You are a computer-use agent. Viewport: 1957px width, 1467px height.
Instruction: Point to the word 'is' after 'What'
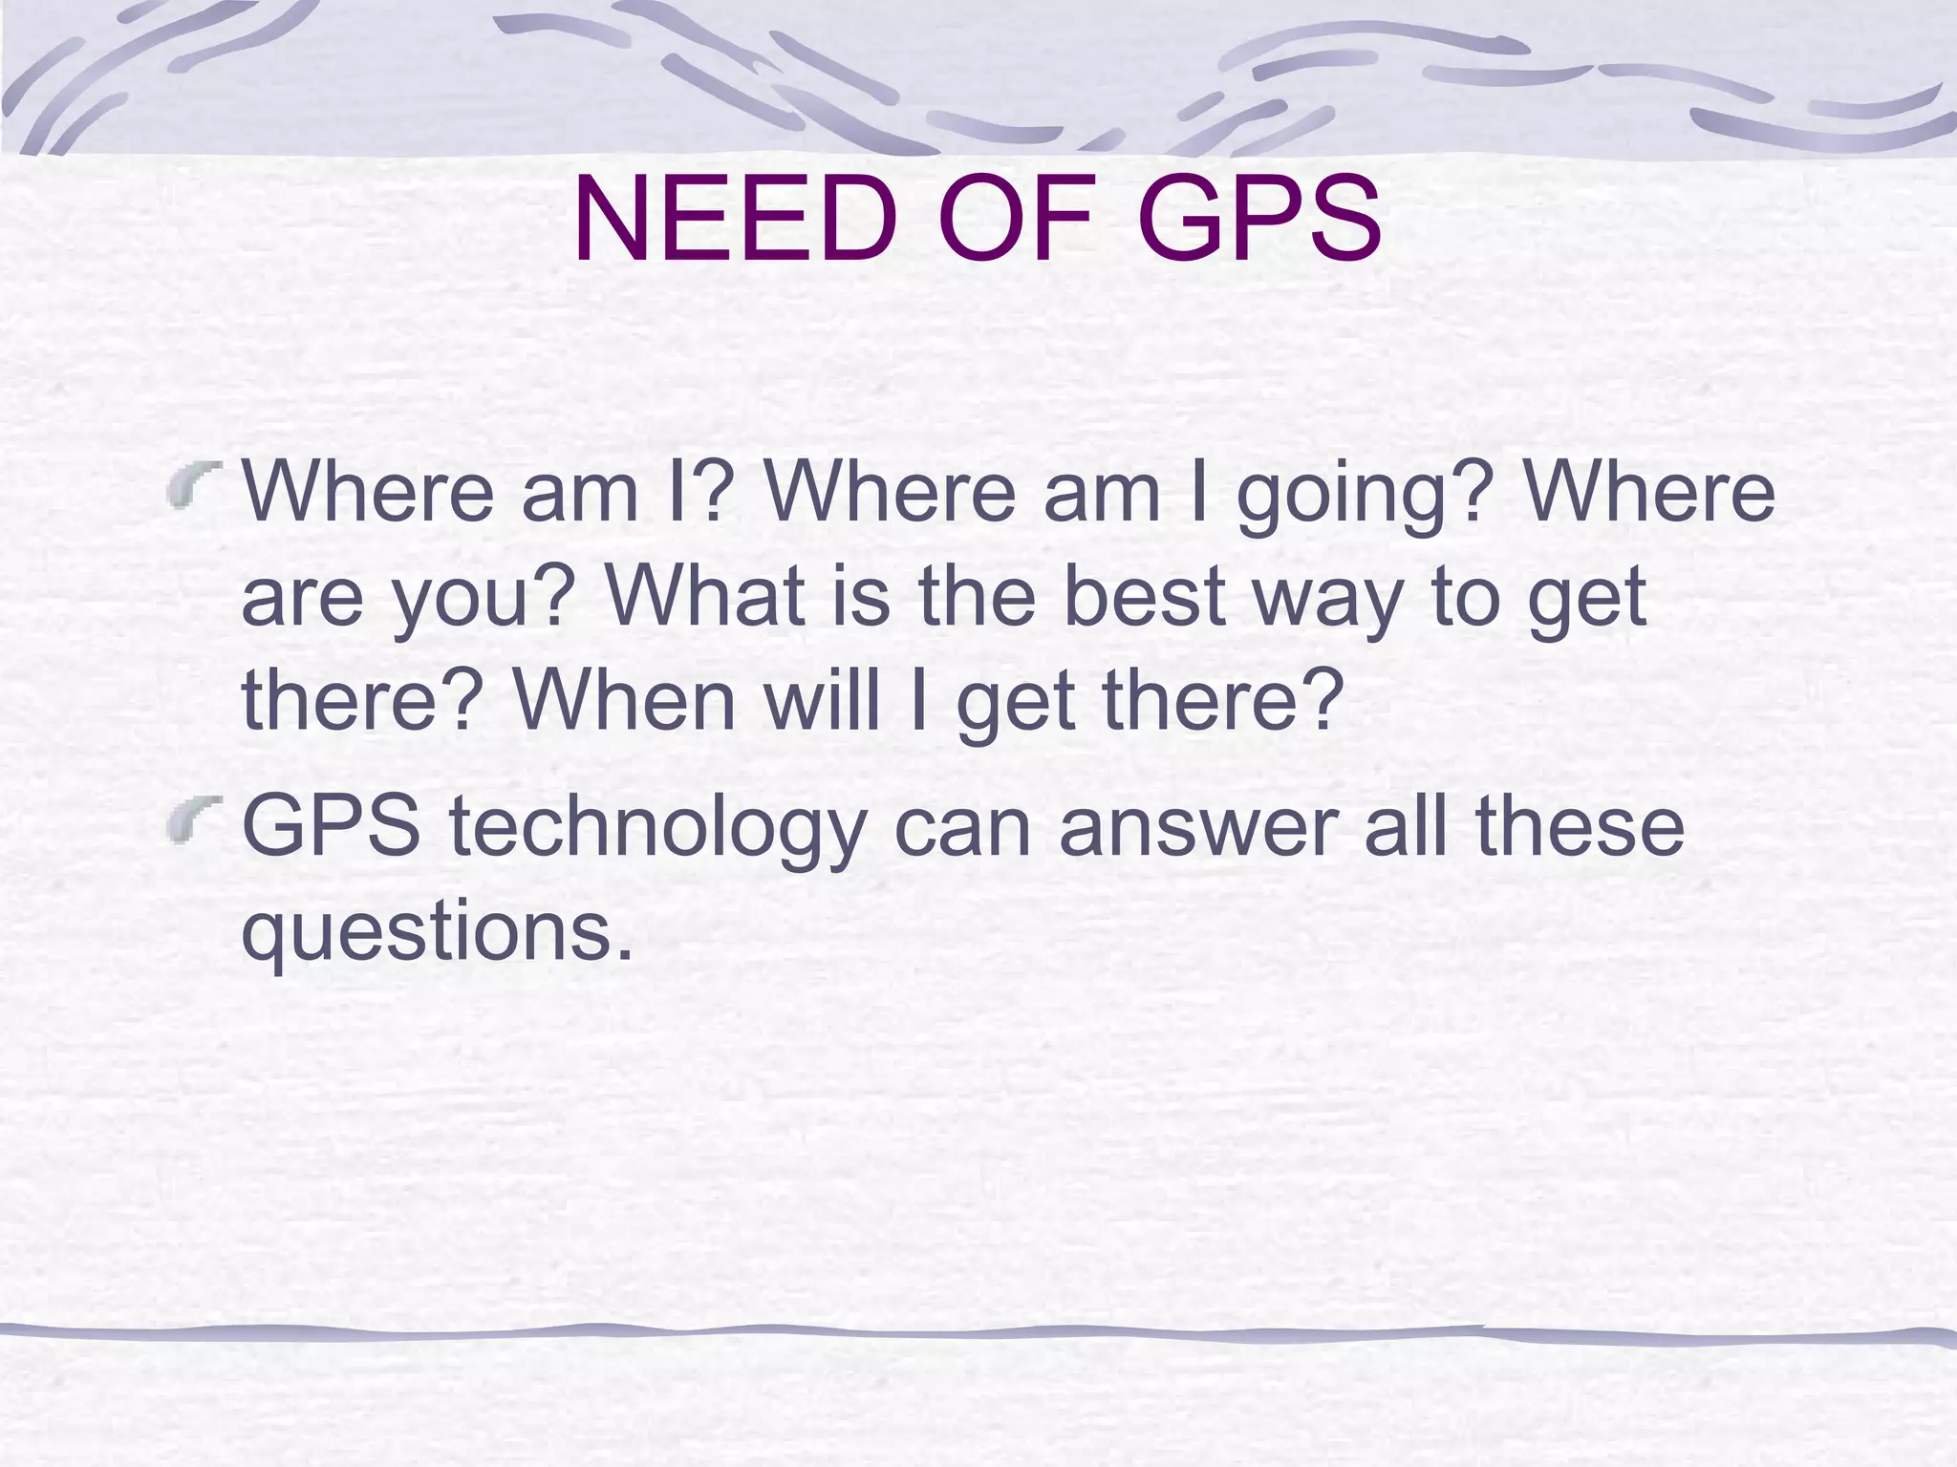click(x=860, y=596)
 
